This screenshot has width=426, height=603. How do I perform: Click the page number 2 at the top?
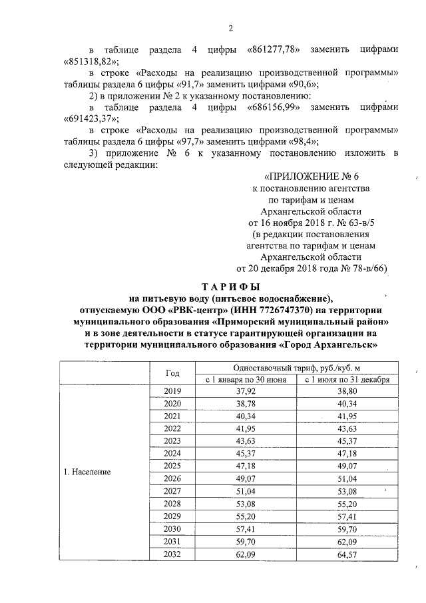tap(230, 27)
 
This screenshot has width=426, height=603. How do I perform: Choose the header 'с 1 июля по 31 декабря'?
tap(347, 379)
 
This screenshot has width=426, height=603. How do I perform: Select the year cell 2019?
tap(172, 391)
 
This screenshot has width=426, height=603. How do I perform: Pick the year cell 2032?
tap(172, 553)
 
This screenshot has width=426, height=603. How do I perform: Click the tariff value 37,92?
tap(246, 391)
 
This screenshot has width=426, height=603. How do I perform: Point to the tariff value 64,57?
tap(347, 553)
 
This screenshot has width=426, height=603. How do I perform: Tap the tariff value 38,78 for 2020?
tap(246, 404)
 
